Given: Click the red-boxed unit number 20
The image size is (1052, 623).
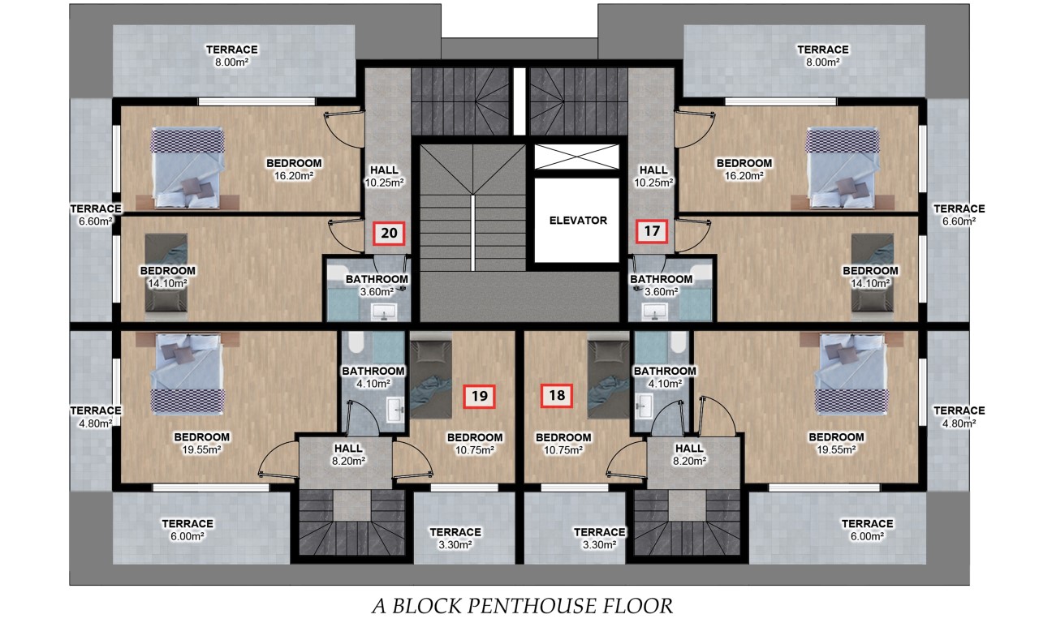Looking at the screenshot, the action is pos(389,234).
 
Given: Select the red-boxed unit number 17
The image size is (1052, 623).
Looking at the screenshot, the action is pos(652,231).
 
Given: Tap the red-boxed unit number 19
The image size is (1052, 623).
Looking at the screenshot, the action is pos(480,396).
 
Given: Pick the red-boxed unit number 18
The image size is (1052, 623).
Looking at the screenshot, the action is pos(557,395).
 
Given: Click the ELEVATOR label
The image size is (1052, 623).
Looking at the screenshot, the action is pos(578,220).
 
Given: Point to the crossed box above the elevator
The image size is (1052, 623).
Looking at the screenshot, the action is pos(576,157).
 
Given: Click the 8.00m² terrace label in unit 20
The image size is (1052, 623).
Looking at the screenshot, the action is pos(231,55).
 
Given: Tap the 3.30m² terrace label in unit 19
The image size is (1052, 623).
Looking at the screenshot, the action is pos(455,538).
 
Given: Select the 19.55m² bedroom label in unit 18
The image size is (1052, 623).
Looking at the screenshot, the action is pos(836,443).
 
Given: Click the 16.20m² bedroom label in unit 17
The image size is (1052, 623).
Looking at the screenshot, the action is pos(744,169).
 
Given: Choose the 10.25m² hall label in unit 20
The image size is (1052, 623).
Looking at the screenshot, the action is pos(384,176).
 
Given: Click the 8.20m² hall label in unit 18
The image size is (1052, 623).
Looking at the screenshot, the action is pos(689,454).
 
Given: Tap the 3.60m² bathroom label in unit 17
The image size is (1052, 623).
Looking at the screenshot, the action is pos(662,286).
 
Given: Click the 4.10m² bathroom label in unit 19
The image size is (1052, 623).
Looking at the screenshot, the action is pos(373,377).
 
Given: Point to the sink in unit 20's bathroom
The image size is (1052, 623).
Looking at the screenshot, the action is pos(384,311).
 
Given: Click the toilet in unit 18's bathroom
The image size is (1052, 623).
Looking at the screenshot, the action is pos(677,342).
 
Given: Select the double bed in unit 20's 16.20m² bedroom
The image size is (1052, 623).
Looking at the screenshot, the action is pos(187,167).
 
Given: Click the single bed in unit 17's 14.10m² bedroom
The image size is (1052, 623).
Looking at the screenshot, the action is pos(872,273).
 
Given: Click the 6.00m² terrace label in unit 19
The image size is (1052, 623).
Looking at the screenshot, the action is pos(188,530).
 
